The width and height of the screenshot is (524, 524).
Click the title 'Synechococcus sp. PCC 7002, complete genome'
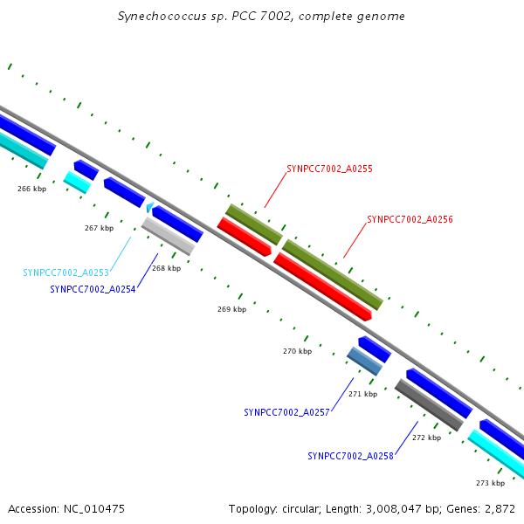tap(261, 17)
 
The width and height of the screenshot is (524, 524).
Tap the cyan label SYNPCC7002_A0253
tap(65, 272)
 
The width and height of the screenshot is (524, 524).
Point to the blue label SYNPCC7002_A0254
tap(93, 289)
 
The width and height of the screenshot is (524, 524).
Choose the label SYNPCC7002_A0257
tap(286, 412)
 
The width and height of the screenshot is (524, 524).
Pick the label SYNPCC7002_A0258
tap(350, 456)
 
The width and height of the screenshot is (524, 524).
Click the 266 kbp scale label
tap(32, 189)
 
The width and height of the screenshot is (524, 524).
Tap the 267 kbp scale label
tap(99, 228)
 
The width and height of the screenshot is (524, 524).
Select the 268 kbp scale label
tap(166, 268)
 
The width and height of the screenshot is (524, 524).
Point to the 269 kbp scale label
tap(231, 309)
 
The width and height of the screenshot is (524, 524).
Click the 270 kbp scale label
tap(297, 351)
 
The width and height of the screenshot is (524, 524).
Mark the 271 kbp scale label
tap(362, 394)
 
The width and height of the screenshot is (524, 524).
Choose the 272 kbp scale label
tap(426, 438)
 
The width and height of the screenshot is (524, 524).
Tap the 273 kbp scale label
tap(490, 483)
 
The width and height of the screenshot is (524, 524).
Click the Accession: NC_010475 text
tap(66, 508)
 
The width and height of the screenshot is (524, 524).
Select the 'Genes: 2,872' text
tap(480, 508)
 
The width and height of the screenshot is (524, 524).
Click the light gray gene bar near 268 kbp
tap(168, 236)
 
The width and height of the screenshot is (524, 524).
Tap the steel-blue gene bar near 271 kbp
tap(364, 362)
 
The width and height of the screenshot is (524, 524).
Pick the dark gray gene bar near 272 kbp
tap(428, 405)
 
